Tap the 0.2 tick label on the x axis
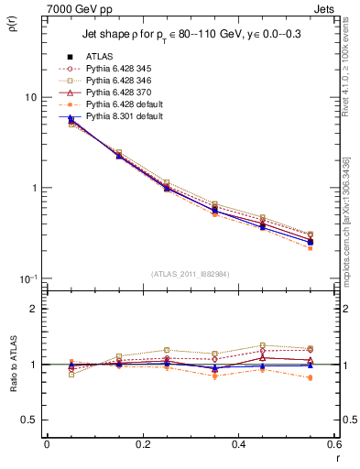tap(142, 444)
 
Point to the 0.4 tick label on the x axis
tap(238, 444)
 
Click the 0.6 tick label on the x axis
tap(334, 444)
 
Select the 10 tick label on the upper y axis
tap(30, 97)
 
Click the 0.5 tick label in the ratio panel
tap(28, 420)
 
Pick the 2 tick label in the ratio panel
tap(33, 309)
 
